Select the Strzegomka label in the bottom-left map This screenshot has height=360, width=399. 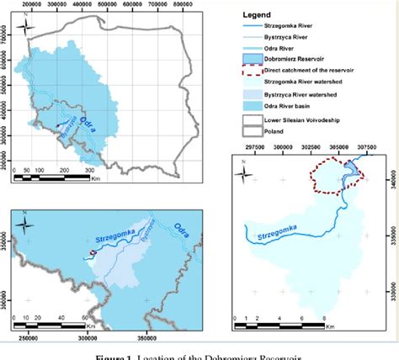click(x=119, y=230)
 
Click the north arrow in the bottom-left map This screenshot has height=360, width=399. click(x=24, y=225)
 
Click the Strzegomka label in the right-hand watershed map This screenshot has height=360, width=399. click(x=270, y=224)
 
